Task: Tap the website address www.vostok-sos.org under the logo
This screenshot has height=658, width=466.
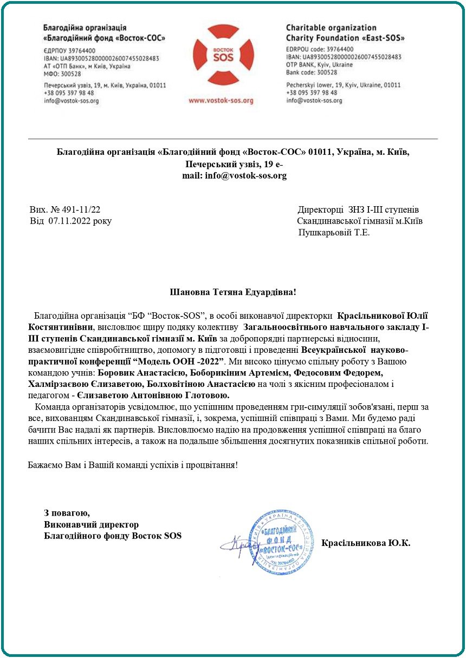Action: [221, 101]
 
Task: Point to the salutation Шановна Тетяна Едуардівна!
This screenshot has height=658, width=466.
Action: [233, 293]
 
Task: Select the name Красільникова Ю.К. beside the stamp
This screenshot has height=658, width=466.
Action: [366, 542]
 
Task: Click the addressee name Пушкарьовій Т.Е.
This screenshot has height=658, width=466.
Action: [334, 233]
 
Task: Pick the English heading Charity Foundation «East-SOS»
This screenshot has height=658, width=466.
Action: [345, 38]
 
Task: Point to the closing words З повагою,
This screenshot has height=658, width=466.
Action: [67, 512]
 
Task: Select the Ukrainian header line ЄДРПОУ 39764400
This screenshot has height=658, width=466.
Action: [66, 49]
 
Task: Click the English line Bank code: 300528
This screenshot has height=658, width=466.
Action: [311, 72]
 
